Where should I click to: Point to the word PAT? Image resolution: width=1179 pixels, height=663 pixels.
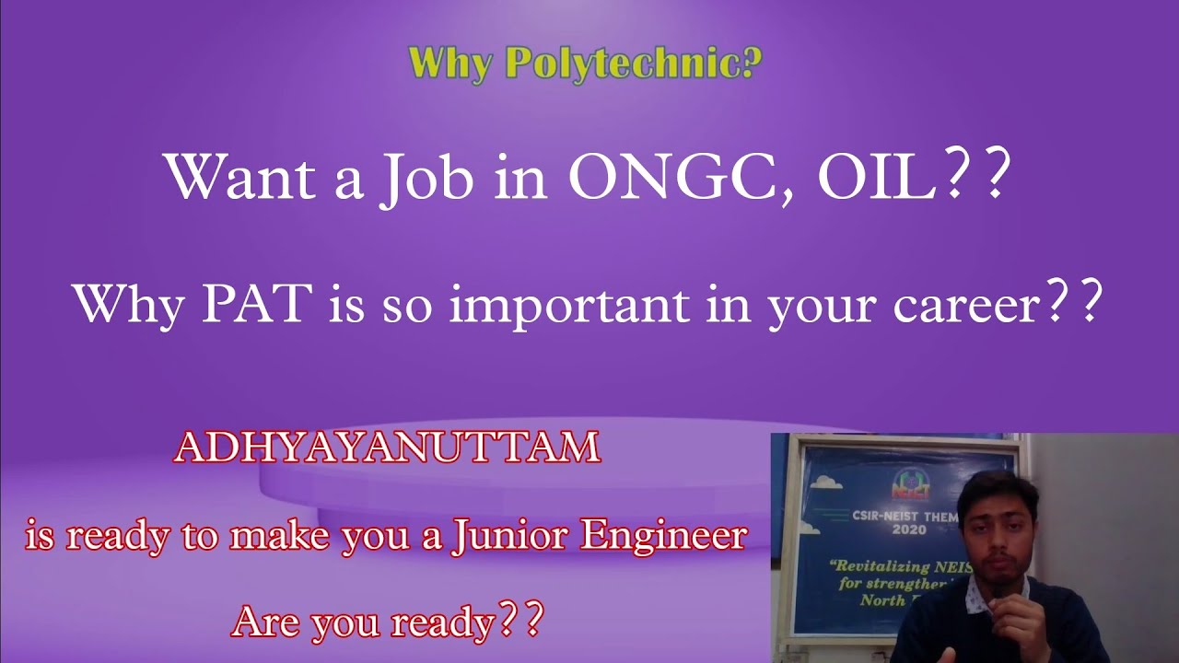[x=255, y=304]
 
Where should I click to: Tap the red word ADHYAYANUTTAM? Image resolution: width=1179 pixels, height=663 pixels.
[x=387, y=448]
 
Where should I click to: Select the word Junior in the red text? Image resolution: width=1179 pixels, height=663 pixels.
[x=510, y=536]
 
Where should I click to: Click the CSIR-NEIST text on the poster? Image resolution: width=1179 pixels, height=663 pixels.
[x=880, y=516]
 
